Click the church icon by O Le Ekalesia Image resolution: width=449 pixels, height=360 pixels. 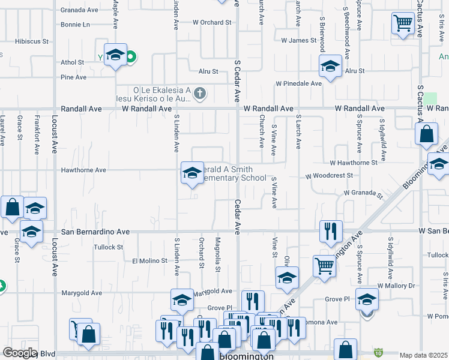click(x=200, y=94)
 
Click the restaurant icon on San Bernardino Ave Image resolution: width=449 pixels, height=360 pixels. click(x=330, y=230)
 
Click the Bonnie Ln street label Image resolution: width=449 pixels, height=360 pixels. click(x=75, y=25)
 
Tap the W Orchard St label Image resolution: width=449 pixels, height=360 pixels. click(x=212, y=22)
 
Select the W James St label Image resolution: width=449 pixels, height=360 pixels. click(x=298, y=40)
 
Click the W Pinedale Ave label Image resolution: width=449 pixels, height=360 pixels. click(x=298, y=83)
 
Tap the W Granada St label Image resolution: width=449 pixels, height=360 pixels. click(x=363, y=193)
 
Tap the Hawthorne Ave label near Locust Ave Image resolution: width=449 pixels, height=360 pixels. click(x=83, y=170)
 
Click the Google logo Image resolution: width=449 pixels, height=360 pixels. click(x=20, y=353)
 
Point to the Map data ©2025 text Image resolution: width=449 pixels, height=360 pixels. click(x=424, y=355)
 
